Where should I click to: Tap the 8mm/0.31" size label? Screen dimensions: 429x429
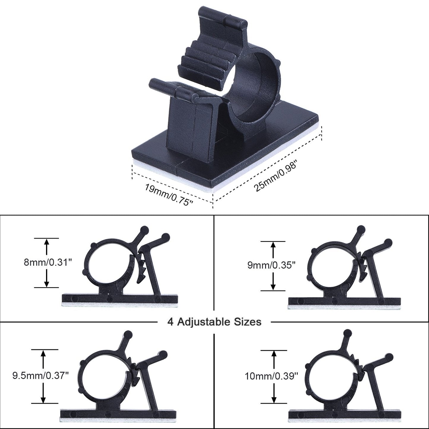pos(48,263)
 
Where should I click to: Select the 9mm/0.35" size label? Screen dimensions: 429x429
pos(272,265)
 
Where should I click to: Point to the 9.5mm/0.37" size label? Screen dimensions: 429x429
pos(41,376)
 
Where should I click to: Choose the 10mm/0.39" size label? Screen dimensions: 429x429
pos(271,376)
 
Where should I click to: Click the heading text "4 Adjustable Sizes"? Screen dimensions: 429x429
pos(214,322)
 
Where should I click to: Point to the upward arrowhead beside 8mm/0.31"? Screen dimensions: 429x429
pos(46,243)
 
